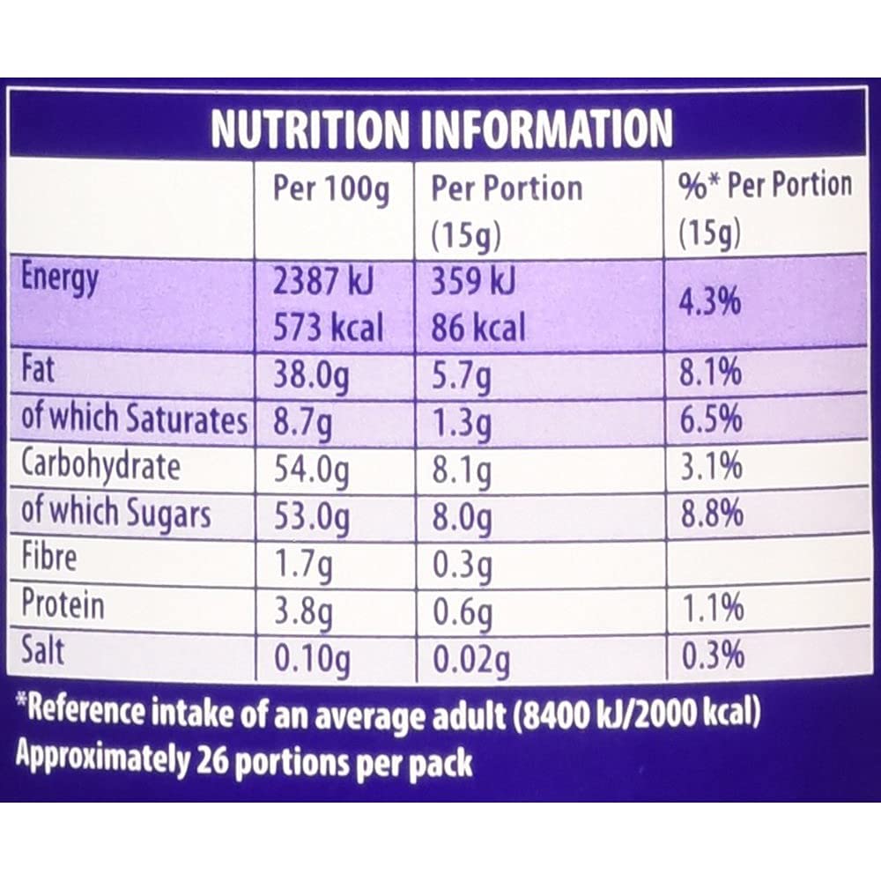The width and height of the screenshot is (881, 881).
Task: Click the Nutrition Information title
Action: [441, 130]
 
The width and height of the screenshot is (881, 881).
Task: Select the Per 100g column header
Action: [330, 190]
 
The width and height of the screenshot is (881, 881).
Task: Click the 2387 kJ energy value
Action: [323, 282]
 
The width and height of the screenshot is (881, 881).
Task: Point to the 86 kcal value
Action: [478, 329]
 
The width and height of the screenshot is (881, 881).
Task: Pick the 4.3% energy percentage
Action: [711, 306]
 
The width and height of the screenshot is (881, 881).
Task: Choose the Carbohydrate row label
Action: [100, 467]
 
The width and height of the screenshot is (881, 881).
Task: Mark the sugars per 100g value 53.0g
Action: [311, 515]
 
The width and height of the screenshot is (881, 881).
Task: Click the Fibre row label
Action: [49, 559]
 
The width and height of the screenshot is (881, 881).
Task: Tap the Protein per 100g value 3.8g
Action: [303, 609]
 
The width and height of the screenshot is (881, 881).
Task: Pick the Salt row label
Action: [43, 653]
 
